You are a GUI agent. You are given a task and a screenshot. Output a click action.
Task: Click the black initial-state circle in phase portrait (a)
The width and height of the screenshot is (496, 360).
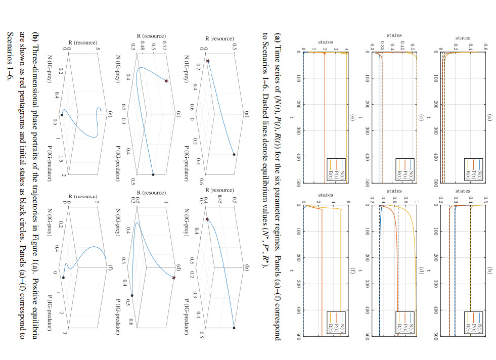point(234,155)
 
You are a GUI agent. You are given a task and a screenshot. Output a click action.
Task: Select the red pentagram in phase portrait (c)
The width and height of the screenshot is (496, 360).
point(166,81)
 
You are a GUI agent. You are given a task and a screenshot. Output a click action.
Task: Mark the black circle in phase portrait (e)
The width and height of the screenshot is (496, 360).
point(62,115)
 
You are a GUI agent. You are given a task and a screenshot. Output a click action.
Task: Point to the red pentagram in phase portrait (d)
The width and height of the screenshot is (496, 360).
point(174,278)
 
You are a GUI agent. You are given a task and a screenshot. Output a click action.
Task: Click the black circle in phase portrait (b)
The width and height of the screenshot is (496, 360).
point(234,328)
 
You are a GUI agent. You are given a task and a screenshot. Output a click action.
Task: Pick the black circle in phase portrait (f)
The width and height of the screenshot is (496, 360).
point(64,277)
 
